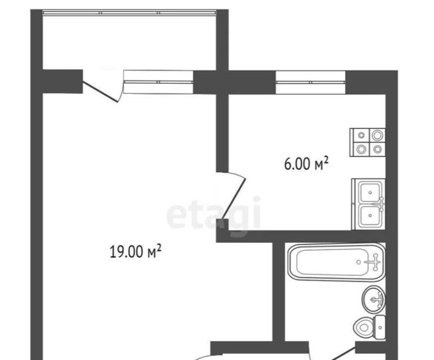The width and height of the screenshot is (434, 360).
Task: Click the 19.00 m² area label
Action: point(136,252)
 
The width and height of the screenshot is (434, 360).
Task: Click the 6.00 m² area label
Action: point(306,164)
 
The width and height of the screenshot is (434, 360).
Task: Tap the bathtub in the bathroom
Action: point(337,262)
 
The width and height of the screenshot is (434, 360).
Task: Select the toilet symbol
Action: point(370,328)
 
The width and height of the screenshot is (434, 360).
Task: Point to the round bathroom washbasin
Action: point(373,300)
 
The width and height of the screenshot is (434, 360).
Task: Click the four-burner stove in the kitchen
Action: point(368,142)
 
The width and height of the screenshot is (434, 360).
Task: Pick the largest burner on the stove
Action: point(377,135)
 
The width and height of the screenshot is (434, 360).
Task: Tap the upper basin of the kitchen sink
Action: point(370,192)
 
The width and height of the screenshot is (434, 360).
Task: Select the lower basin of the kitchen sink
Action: point(370,216)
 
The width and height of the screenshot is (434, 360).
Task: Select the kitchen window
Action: point(311,82)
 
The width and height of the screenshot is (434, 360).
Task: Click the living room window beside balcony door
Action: point(158,81)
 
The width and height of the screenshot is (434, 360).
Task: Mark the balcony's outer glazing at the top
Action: point(129,12)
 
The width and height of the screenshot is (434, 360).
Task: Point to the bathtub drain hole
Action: point(359,261)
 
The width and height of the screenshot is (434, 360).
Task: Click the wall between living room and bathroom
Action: point(278,291)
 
